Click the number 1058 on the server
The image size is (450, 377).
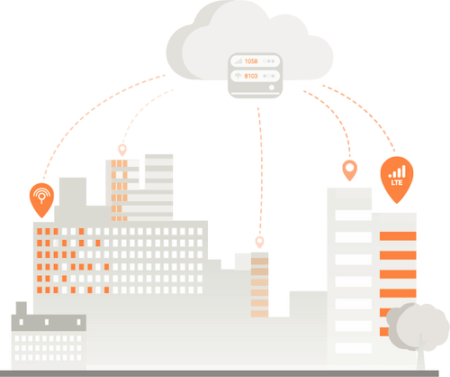click(251, 61)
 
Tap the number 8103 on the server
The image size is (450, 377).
click(251, 76)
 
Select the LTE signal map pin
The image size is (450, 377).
click(397, 179)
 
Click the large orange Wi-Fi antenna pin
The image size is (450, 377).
click(41, 200)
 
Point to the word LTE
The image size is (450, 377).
click(397, 182)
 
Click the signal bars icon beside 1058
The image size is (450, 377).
click(238, 61)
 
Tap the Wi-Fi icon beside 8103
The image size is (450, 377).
click(238, 76)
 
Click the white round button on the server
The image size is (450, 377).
click(272, 87)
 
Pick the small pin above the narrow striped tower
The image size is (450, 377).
click(259, 242)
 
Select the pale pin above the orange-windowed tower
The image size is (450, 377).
click(122, 150)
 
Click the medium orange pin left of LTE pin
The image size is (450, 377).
click(350, 170)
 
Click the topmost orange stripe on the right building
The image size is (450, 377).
click(398, 236)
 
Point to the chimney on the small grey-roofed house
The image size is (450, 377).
click(22, 308)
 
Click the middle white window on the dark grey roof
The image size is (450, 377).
click(47, 322)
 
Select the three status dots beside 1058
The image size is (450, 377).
click(269, 61)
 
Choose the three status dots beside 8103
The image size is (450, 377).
click(269, 76)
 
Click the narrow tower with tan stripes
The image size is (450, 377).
click(259, 285)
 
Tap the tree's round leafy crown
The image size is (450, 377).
click(418, 326)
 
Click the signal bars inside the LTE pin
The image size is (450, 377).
click(397, 171)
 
